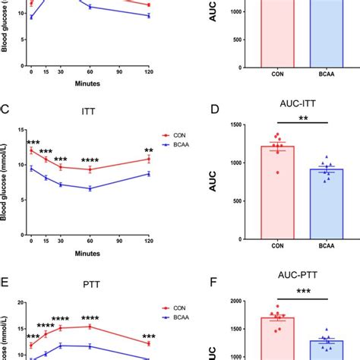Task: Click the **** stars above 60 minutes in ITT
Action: pos(90,159)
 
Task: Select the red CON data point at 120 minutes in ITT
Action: pos(149,159)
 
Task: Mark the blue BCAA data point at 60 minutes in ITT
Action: pos(90,188)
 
